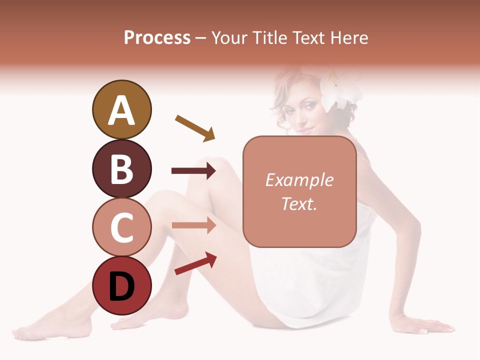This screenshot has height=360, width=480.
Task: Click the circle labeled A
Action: pos(121,109)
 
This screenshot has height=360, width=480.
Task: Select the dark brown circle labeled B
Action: pos(121,168)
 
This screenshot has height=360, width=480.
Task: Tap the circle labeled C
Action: pos(121,227)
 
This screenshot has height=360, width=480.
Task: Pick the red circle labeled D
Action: pos(121,285)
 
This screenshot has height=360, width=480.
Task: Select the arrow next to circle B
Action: pos(193,171)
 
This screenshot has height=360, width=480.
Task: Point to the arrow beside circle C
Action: pos(193,225)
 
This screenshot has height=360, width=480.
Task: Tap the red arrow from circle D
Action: pos(195,263)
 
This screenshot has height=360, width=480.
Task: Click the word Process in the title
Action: pos(157,37)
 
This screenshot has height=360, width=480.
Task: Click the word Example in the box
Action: pos(299,180)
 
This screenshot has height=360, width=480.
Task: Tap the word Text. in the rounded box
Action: pos(299,203)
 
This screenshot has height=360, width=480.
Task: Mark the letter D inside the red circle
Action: pos(121,287)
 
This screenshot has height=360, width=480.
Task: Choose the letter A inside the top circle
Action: pos(121,110)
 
